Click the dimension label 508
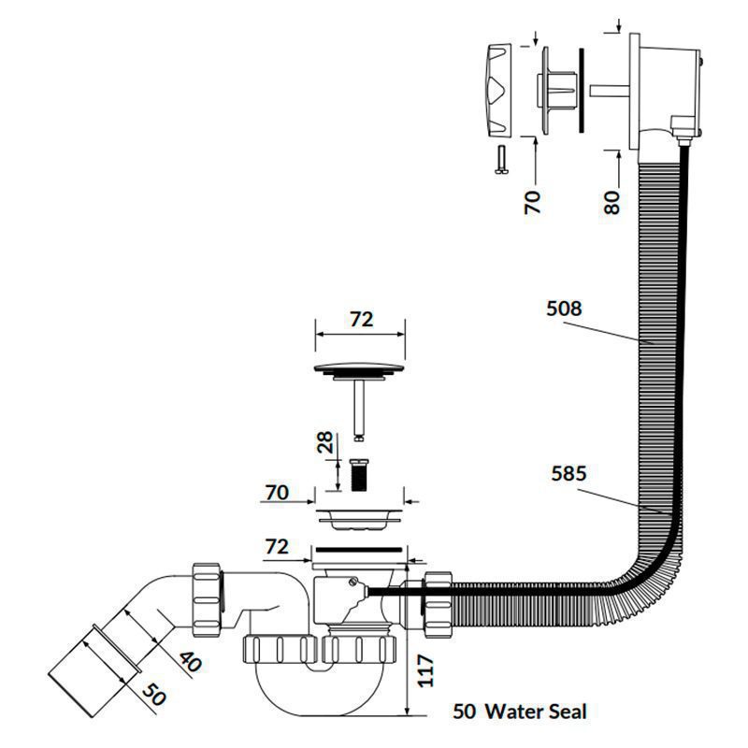564,309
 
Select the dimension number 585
568,474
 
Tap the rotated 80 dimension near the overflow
611,202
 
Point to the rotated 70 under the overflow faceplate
532,202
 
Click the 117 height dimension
425,670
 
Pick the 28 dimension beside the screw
324,441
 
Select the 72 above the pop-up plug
361,319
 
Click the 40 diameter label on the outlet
191,662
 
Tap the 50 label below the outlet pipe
154,694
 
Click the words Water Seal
536,712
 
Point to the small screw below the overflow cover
501,160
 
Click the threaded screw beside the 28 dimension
359,475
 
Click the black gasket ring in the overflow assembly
581,91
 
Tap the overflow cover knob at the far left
498,90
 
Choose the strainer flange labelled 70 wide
359,520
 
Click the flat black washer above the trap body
359,550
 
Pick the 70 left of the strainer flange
277,493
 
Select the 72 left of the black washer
277,547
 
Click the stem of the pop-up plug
359,406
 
